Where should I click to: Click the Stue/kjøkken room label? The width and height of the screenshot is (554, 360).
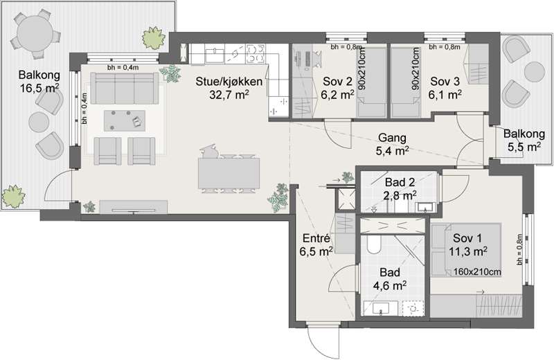coord(229,82)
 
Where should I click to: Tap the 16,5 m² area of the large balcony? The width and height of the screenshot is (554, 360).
coord(39,88)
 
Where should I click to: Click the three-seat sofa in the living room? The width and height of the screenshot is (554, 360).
coord(125,88)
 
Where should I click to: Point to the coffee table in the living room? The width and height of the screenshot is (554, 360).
coord(125,120)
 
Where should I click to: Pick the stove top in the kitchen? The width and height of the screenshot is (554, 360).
coord(255,53)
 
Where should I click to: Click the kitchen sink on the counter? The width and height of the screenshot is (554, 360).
coord(214,55)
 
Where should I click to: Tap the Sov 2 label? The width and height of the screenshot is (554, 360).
coord(337,82)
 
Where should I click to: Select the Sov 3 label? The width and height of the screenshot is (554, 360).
coord(445,82)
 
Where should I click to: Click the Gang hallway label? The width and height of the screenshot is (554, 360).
coord(392,138)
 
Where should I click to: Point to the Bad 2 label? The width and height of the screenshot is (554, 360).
coord(400,182)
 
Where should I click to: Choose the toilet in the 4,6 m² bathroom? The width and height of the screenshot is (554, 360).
coord(373,244)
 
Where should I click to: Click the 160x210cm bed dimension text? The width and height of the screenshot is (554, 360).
coord(477,271)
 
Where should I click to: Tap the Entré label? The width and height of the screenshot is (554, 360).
coord(316,237)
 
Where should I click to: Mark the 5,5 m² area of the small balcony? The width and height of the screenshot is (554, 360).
coord(524,147)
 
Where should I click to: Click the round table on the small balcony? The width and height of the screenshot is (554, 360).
coord(535,72)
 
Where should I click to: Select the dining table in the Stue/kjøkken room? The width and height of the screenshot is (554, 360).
coord(229,173)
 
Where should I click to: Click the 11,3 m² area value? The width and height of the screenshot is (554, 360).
coord(469,251)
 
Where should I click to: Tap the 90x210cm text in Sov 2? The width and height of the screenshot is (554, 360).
coord(363,68)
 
